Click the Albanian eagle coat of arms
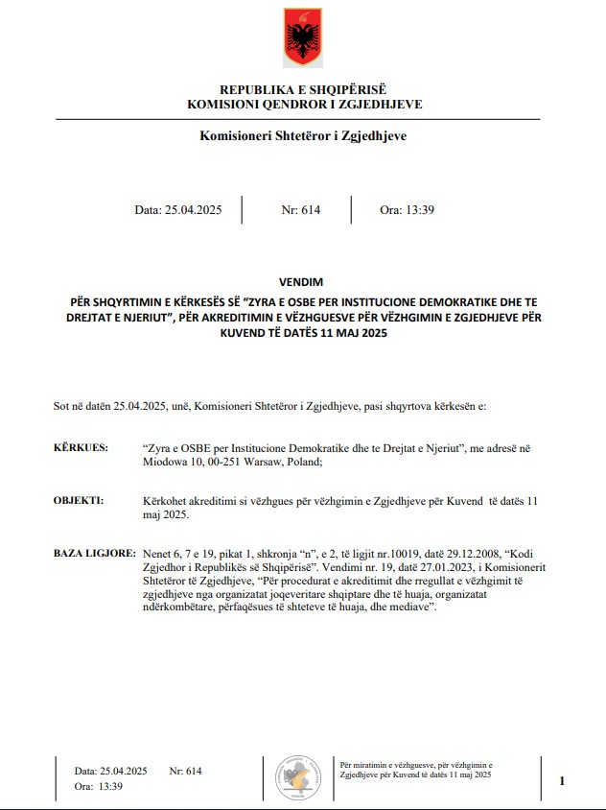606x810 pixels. click(302, 37)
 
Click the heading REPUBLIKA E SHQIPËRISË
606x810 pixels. click(302, 89)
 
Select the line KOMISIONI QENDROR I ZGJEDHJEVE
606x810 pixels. click(303, 104)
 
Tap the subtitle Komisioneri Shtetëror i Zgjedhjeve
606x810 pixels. click(303, 136)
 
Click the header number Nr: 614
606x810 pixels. click(300, 210)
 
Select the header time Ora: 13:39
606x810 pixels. click(408, 210)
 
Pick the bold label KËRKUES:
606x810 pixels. click(81, 448)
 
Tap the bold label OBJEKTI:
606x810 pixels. click(79, 501)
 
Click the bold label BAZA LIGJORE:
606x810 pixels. click(93, 555)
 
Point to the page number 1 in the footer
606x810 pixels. click(562, 781)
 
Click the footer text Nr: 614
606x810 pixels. click(185, 771)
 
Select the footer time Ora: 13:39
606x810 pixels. click(99, 786)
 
